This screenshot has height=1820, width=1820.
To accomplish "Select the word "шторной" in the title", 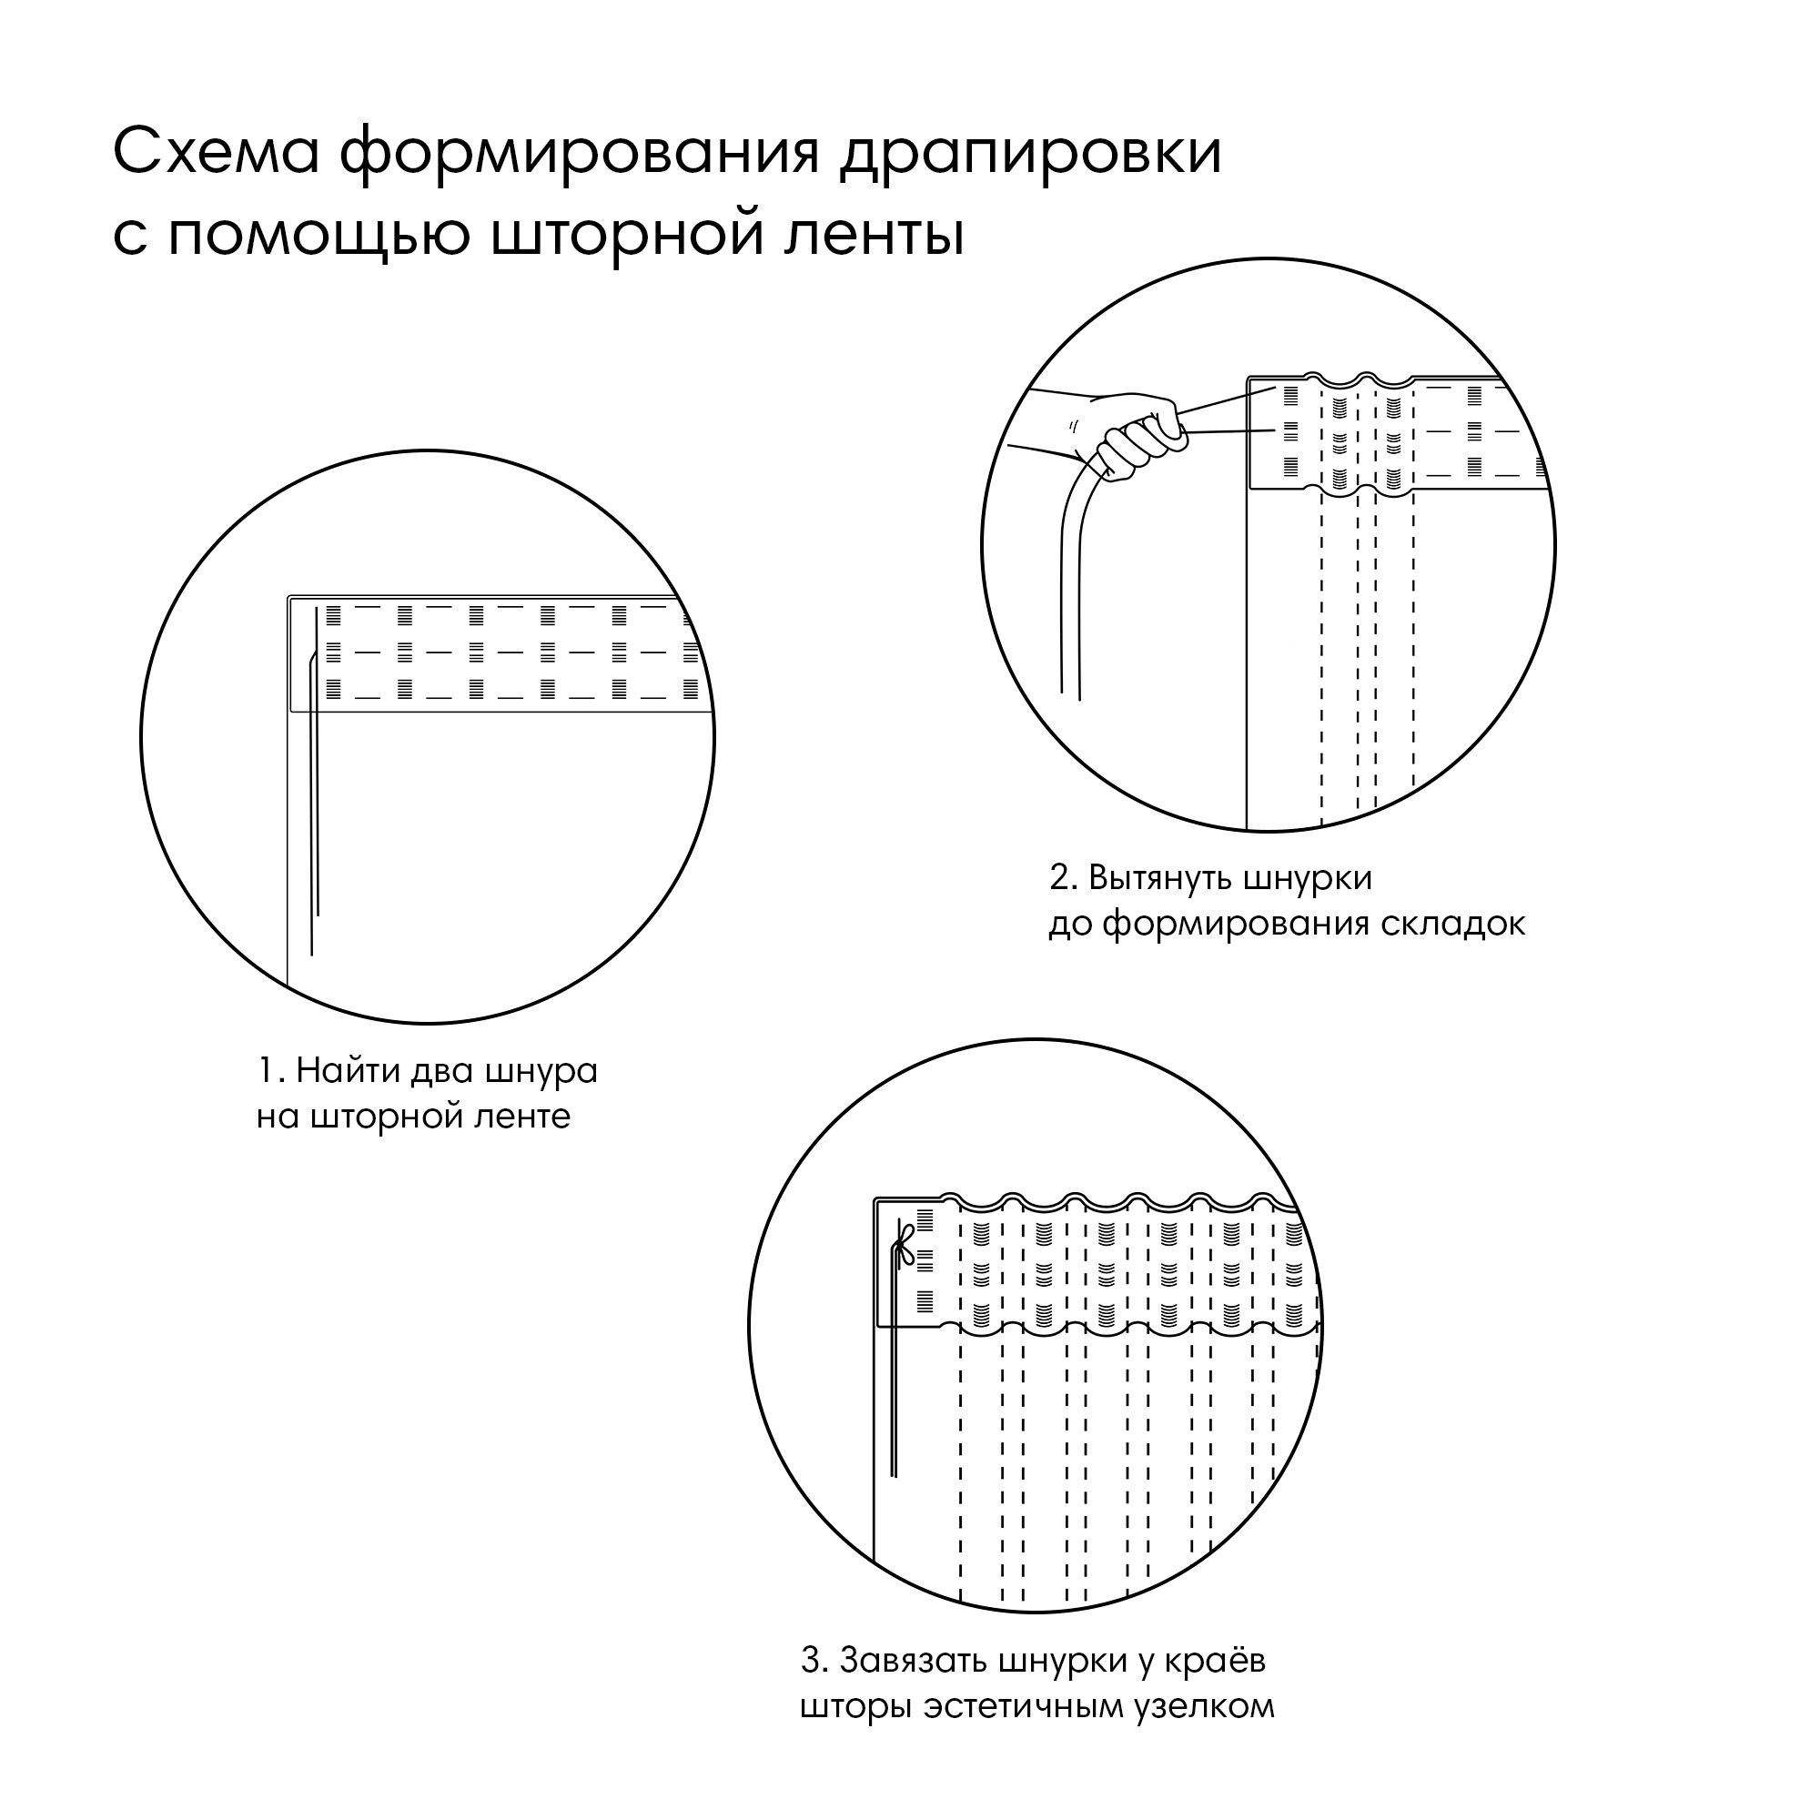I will coord(626,235).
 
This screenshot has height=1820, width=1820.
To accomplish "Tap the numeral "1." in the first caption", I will coord(270,1071).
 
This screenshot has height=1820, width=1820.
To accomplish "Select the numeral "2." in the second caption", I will coord(1064,877).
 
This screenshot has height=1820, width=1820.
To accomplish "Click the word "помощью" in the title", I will coord(320,235).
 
